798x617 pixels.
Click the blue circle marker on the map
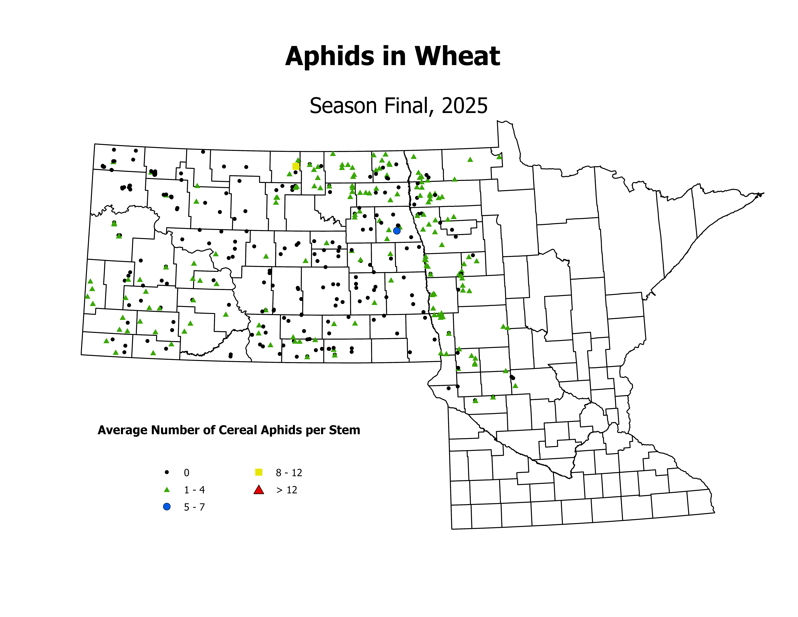tap(397, 231)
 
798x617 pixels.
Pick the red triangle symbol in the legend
tap(259, 490)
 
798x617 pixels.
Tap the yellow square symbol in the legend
tap(259, 472)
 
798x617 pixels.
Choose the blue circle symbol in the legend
tap(167, 507)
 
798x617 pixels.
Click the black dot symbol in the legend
tap(167, 472)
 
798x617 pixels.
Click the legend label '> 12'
tap(287, 490)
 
